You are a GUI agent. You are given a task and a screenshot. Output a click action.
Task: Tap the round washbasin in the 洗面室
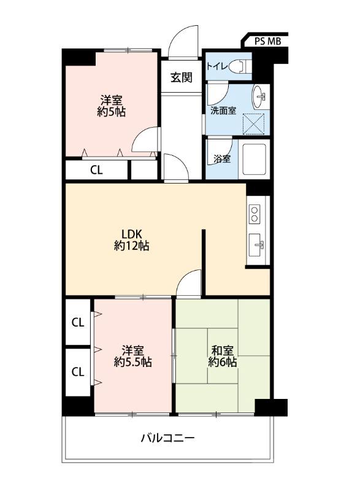click(x=259, y=96)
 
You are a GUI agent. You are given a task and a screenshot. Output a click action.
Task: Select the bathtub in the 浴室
click(x=254, y=159)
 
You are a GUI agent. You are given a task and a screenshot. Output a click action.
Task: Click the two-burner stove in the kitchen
click(x=255, y=214)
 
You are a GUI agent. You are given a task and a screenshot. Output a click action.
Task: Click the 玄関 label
click(x=182, y=77)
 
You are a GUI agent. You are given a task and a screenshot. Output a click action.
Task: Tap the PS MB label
click(x=267, y=41)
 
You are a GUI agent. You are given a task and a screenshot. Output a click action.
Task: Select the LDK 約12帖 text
click(x=132, y=240)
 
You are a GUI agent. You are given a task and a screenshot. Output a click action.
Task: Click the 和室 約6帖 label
click(x=223, y=356)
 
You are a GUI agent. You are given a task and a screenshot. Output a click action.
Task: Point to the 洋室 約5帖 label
click(x=112, y=106)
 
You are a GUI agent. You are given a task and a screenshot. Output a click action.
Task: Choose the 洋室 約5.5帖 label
click(x=133, y=356)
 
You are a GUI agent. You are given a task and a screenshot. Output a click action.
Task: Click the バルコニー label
click(x=167, y=438)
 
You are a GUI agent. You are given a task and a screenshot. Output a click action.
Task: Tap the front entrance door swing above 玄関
click(x=183, y=42)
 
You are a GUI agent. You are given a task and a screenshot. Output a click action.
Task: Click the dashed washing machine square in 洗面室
click(x=254, y=124)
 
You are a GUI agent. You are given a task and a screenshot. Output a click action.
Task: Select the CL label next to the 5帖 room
click(x=96, y=170)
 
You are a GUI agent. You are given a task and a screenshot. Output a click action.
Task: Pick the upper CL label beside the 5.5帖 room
click(x=78, y=322)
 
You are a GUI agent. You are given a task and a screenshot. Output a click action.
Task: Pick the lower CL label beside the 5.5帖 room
click(x=78, y=372)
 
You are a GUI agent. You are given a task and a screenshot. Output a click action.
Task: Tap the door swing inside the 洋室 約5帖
click(x=146, y=140)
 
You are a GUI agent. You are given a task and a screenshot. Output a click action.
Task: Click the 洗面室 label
click(x=223, y=110)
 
